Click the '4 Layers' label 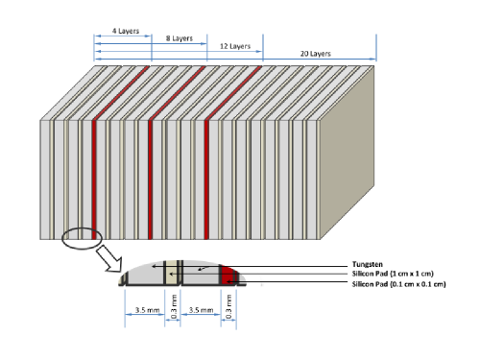click(126, 31)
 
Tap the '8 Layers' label click(180, 38)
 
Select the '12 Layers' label click(235, 46)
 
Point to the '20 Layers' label click(315, 54)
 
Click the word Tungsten click(368, 264)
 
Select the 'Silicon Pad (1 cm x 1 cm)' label click(393, 274)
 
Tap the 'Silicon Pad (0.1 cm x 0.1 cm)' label click(398, 284)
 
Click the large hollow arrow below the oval click(109, 258)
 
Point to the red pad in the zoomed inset click(228, 276)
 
